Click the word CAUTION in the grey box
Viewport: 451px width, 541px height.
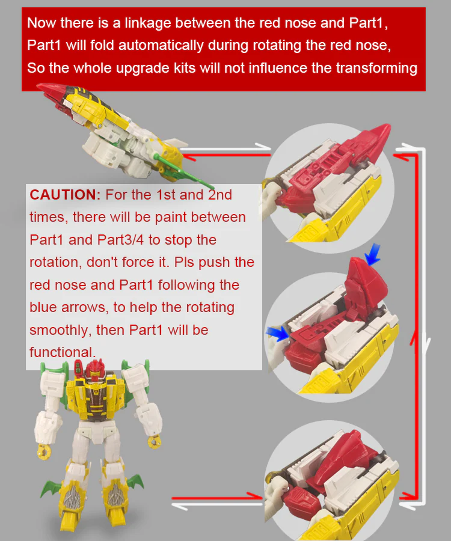[x=65, y=195]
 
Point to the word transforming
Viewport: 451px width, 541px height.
[x=376, y=68]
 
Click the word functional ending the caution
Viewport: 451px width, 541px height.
[x=63, y=352]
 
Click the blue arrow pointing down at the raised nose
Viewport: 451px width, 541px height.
[x=373, y=254]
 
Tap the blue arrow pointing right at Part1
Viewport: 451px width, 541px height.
[x=277, y=334]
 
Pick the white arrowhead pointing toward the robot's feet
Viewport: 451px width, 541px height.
[x=180, y=506]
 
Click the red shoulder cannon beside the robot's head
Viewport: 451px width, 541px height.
[x=78, y=368]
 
